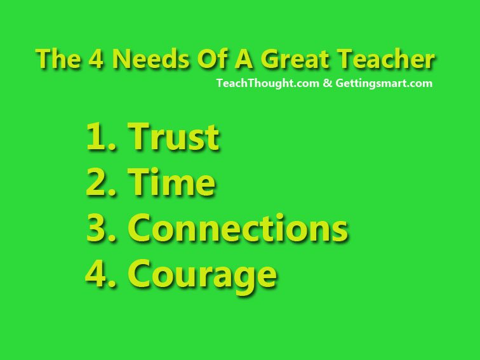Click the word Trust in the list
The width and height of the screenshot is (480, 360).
click(x=173, y=137)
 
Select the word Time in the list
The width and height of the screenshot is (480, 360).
click(x=171, y=182)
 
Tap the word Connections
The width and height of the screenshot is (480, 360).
click(x=237, y=227)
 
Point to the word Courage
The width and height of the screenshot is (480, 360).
click(x=203, y=274)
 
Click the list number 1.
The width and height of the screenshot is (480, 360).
click(x=102, y=137)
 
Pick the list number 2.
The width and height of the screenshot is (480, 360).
click(x=102, y=182)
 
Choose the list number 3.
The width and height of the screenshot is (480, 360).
click(x=102, y=227)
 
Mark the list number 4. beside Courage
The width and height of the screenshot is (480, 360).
click(x=101, y=273)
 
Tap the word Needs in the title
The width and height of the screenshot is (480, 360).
click(x=150, y=59)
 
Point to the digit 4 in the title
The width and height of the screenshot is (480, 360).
click(x=96, y=59)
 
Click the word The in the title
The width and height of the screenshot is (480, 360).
click(x=58, y=59)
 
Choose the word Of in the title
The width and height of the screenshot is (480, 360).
click(x=211, y=58)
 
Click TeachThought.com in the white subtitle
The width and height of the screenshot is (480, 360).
click(x=267, y=83)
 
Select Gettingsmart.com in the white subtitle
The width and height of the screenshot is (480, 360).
click(x=384, y=83)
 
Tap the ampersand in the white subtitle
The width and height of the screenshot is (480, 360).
click(x=327, y=83)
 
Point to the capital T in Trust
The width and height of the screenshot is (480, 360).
click(x=138, y=137)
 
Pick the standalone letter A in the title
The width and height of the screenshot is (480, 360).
click(x=243, y=59)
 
